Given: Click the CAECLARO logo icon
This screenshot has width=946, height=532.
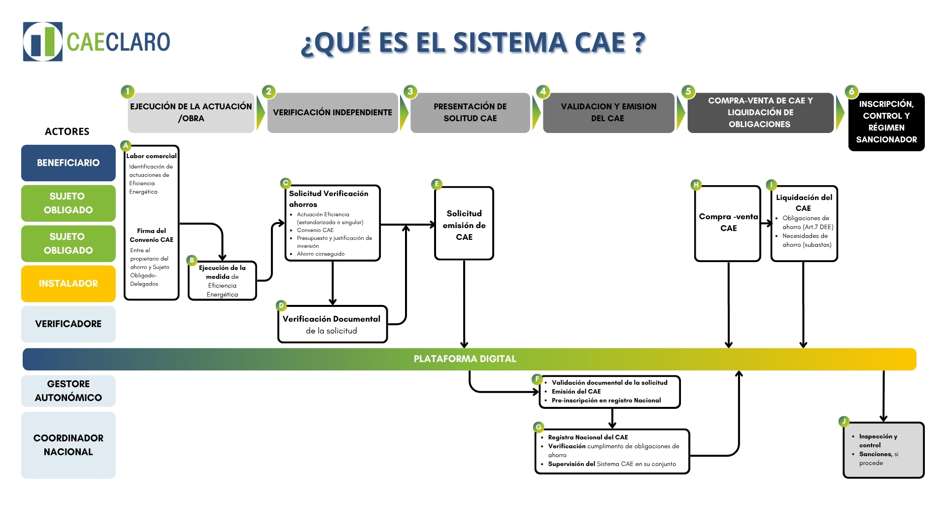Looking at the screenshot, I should tap(43, 41).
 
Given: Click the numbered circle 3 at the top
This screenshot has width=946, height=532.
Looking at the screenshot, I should tap(410, 91).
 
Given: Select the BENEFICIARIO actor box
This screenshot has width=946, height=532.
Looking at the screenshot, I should tap(68, 163).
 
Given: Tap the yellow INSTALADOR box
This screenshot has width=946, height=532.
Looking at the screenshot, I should tap(68, 284).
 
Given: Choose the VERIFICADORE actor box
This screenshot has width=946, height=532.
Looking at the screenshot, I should tap(68, 324).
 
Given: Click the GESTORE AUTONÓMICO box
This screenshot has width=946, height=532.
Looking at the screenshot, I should tap(68, 391).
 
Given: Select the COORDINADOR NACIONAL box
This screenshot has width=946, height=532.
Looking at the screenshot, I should tap(68, 445).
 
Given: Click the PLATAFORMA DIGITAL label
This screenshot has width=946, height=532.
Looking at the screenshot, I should tap(465, 359).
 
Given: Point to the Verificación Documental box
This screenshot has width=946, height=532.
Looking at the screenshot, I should tap(332, 325).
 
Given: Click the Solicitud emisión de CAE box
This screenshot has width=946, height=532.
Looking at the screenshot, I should tap(464, 225).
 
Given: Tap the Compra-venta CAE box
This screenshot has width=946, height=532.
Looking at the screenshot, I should tap(728, 223).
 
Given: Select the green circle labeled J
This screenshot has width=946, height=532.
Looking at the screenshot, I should tap(844, 421).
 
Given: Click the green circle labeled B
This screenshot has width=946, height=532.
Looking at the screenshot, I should tap(192, 260).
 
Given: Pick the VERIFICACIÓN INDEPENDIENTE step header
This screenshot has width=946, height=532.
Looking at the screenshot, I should tap(333, 113).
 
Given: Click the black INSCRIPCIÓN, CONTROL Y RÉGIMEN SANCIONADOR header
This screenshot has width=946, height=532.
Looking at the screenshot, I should tap(886, 122).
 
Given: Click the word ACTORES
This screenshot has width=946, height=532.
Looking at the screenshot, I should tap(67, 132).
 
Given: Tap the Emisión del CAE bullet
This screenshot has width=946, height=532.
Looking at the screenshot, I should tap(575, 392).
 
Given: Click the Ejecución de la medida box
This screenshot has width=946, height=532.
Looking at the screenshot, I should tap(222, 281).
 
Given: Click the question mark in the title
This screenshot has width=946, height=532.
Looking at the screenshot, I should tap(639, 42).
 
